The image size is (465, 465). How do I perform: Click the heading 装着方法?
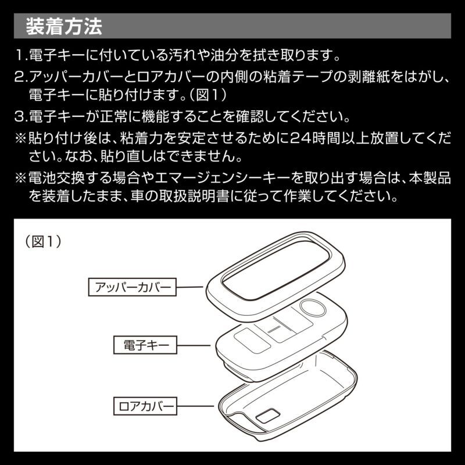[64, 26]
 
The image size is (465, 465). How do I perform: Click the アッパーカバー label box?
[133, 287]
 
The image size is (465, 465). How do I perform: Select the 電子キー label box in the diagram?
[142, 345]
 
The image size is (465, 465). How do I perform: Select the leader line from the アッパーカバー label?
[192, 287]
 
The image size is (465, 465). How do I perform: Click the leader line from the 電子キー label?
[194, 345]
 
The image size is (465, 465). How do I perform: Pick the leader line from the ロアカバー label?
[198, 405]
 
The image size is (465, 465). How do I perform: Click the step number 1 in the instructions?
[20, 56]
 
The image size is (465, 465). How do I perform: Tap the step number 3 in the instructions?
[20, 117]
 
